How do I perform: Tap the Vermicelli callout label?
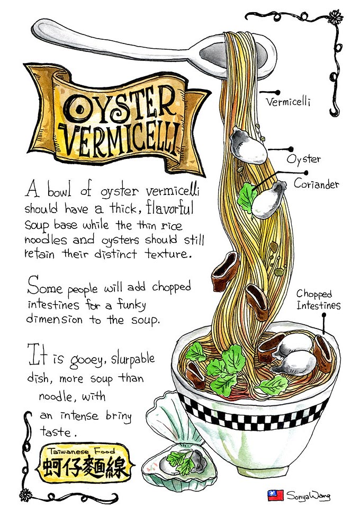288,102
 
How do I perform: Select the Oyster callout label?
303,159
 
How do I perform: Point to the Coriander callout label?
316,184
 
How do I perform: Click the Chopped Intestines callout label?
318,299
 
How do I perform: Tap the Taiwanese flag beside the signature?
275,495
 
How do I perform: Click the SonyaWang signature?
308,496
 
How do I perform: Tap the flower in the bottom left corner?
25,495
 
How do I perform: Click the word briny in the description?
119,416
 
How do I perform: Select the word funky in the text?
132,305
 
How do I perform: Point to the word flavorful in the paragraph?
170,208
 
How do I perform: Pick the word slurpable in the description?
133,359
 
